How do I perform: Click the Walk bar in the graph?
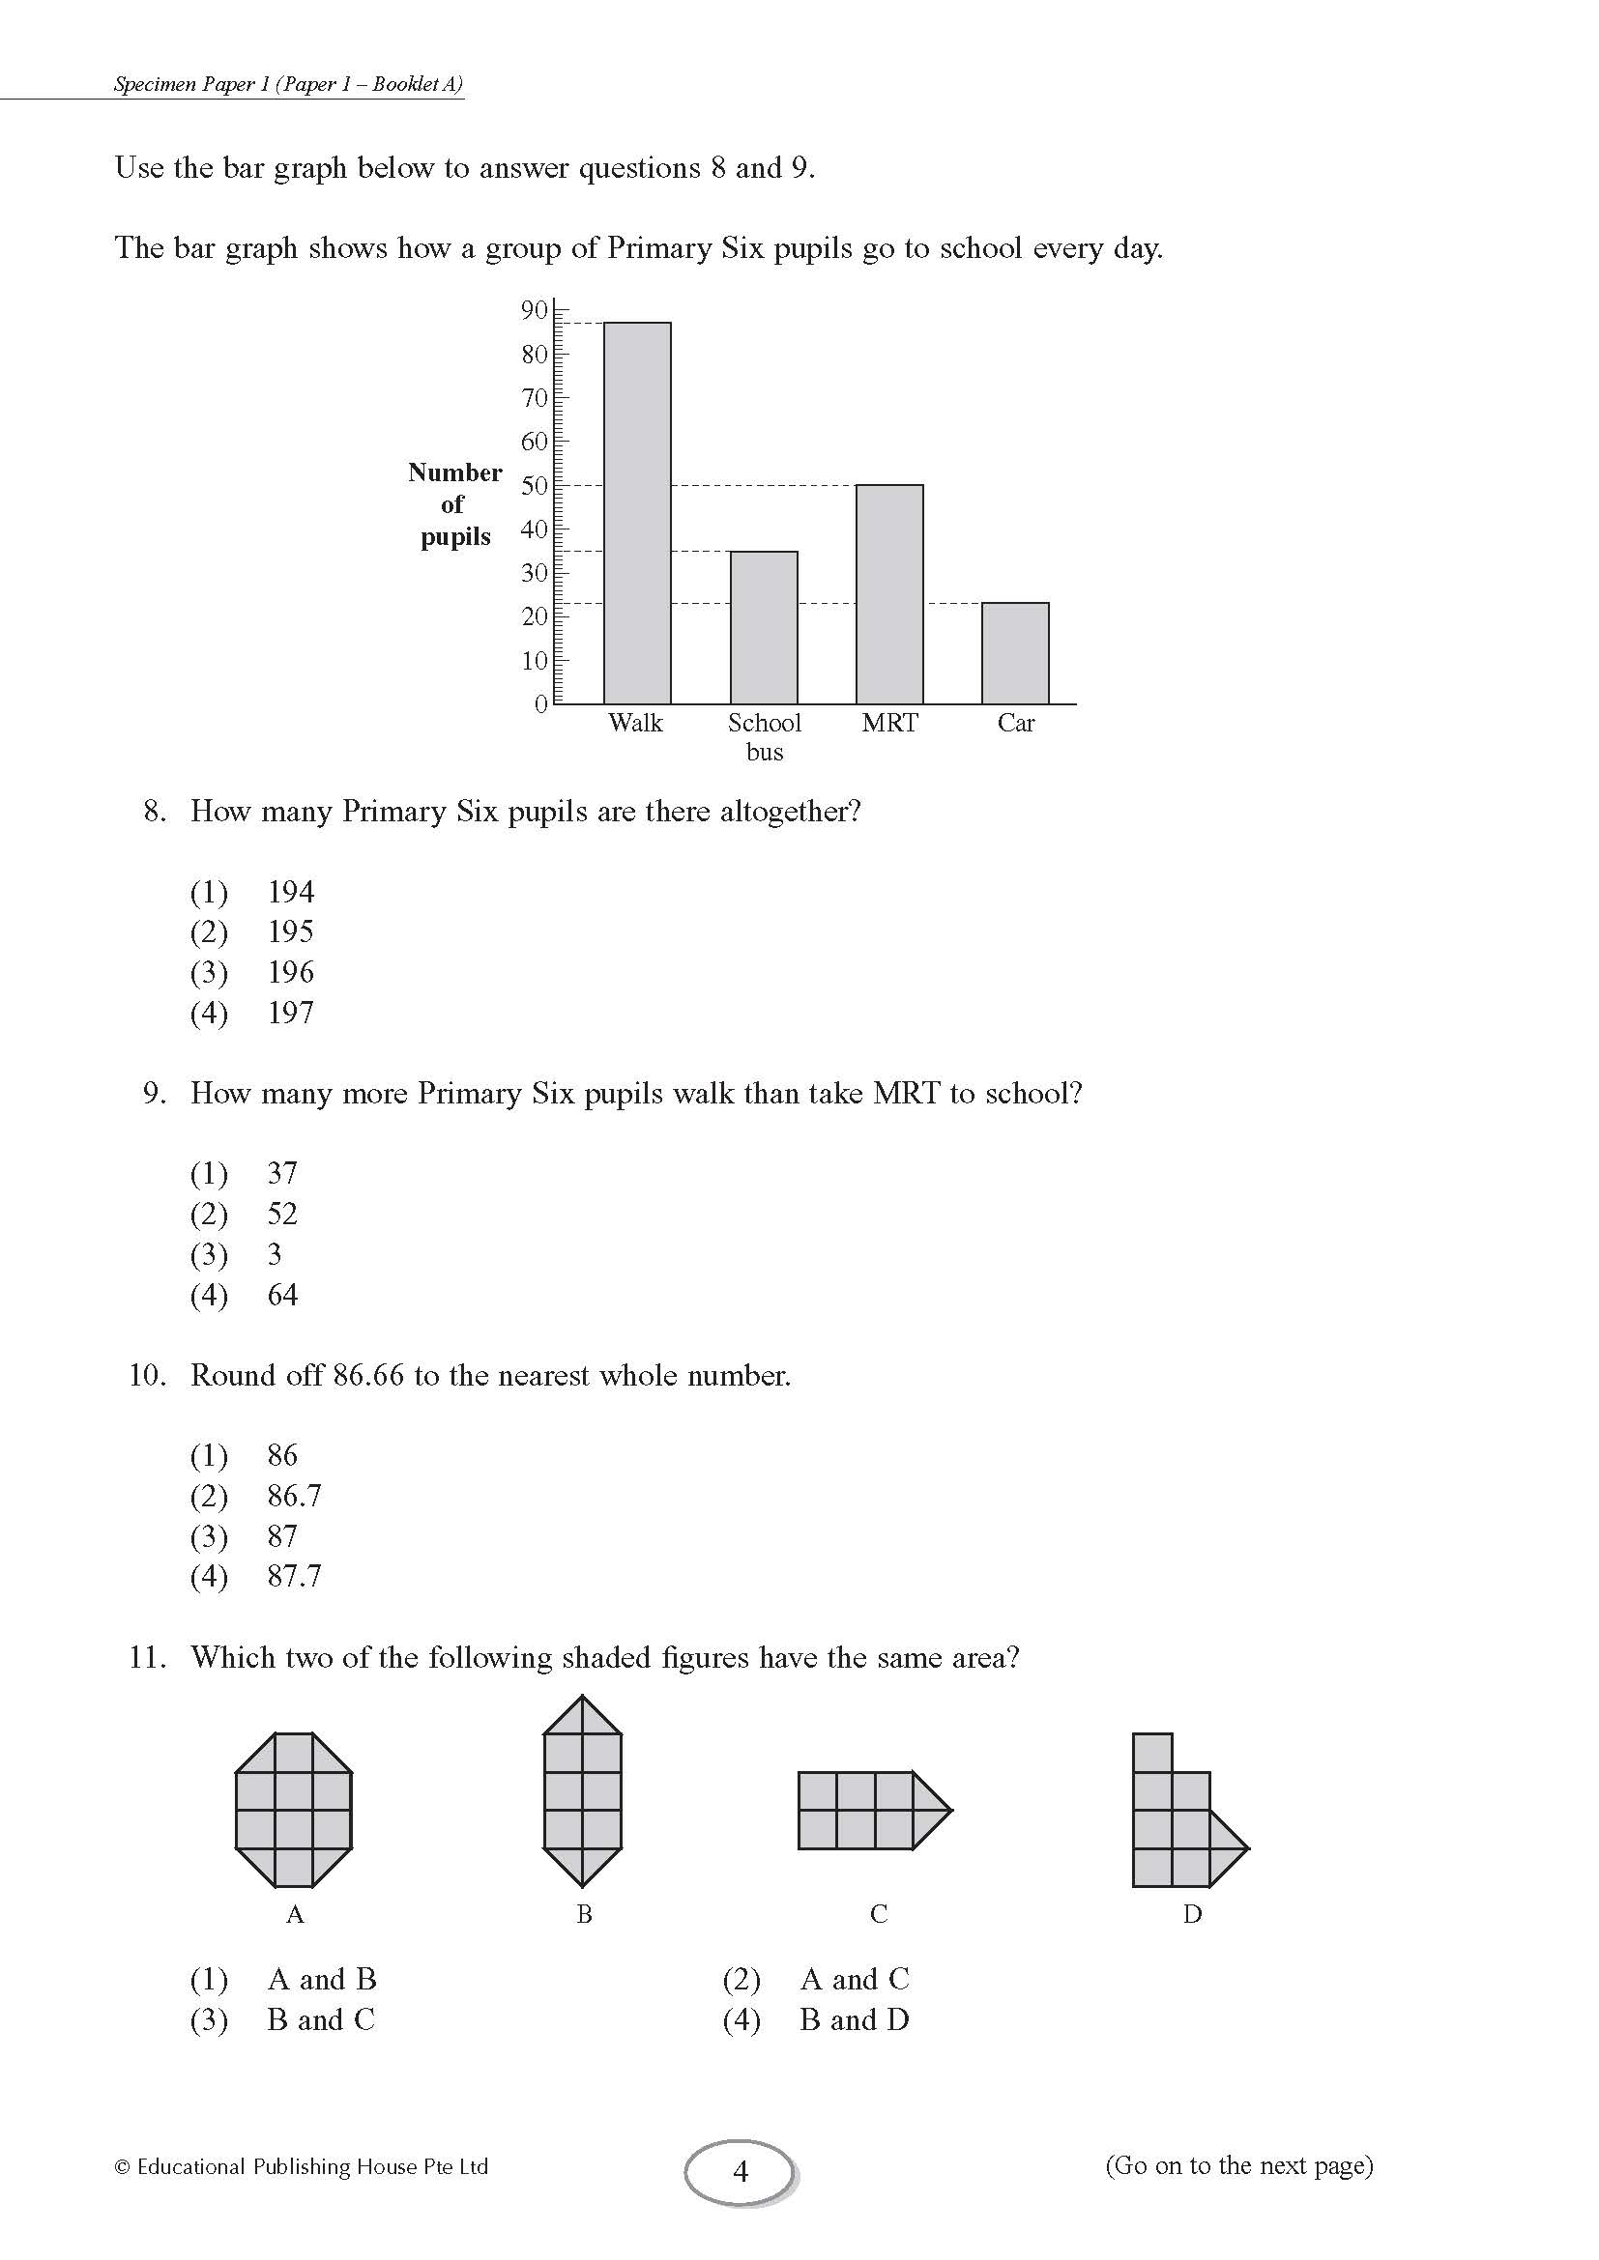pos(637,513)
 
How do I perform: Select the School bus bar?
pos(763,627)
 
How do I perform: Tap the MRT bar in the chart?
pos(889,593)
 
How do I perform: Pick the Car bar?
pos(1015,652)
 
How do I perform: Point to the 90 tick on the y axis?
pos(534,310)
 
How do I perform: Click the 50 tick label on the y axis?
pos(534,485)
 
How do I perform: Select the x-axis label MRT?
pos(889,723)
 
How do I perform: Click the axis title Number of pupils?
pos(454,504)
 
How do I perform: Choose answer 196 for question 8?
pos(290,973)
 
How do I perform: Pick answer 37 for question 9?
pos(281,1173)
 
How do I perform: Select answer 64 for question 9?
pos(281,1295)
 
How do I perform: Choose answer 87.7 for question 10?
pos(294,1576)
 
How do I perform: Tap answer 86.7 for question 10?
pos(294,1495)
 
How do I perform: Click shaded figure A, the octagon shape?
pos(294,1809)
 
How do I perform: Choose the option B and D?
pos(854,2019)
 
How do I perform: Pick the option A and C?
pos(854,1979)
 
